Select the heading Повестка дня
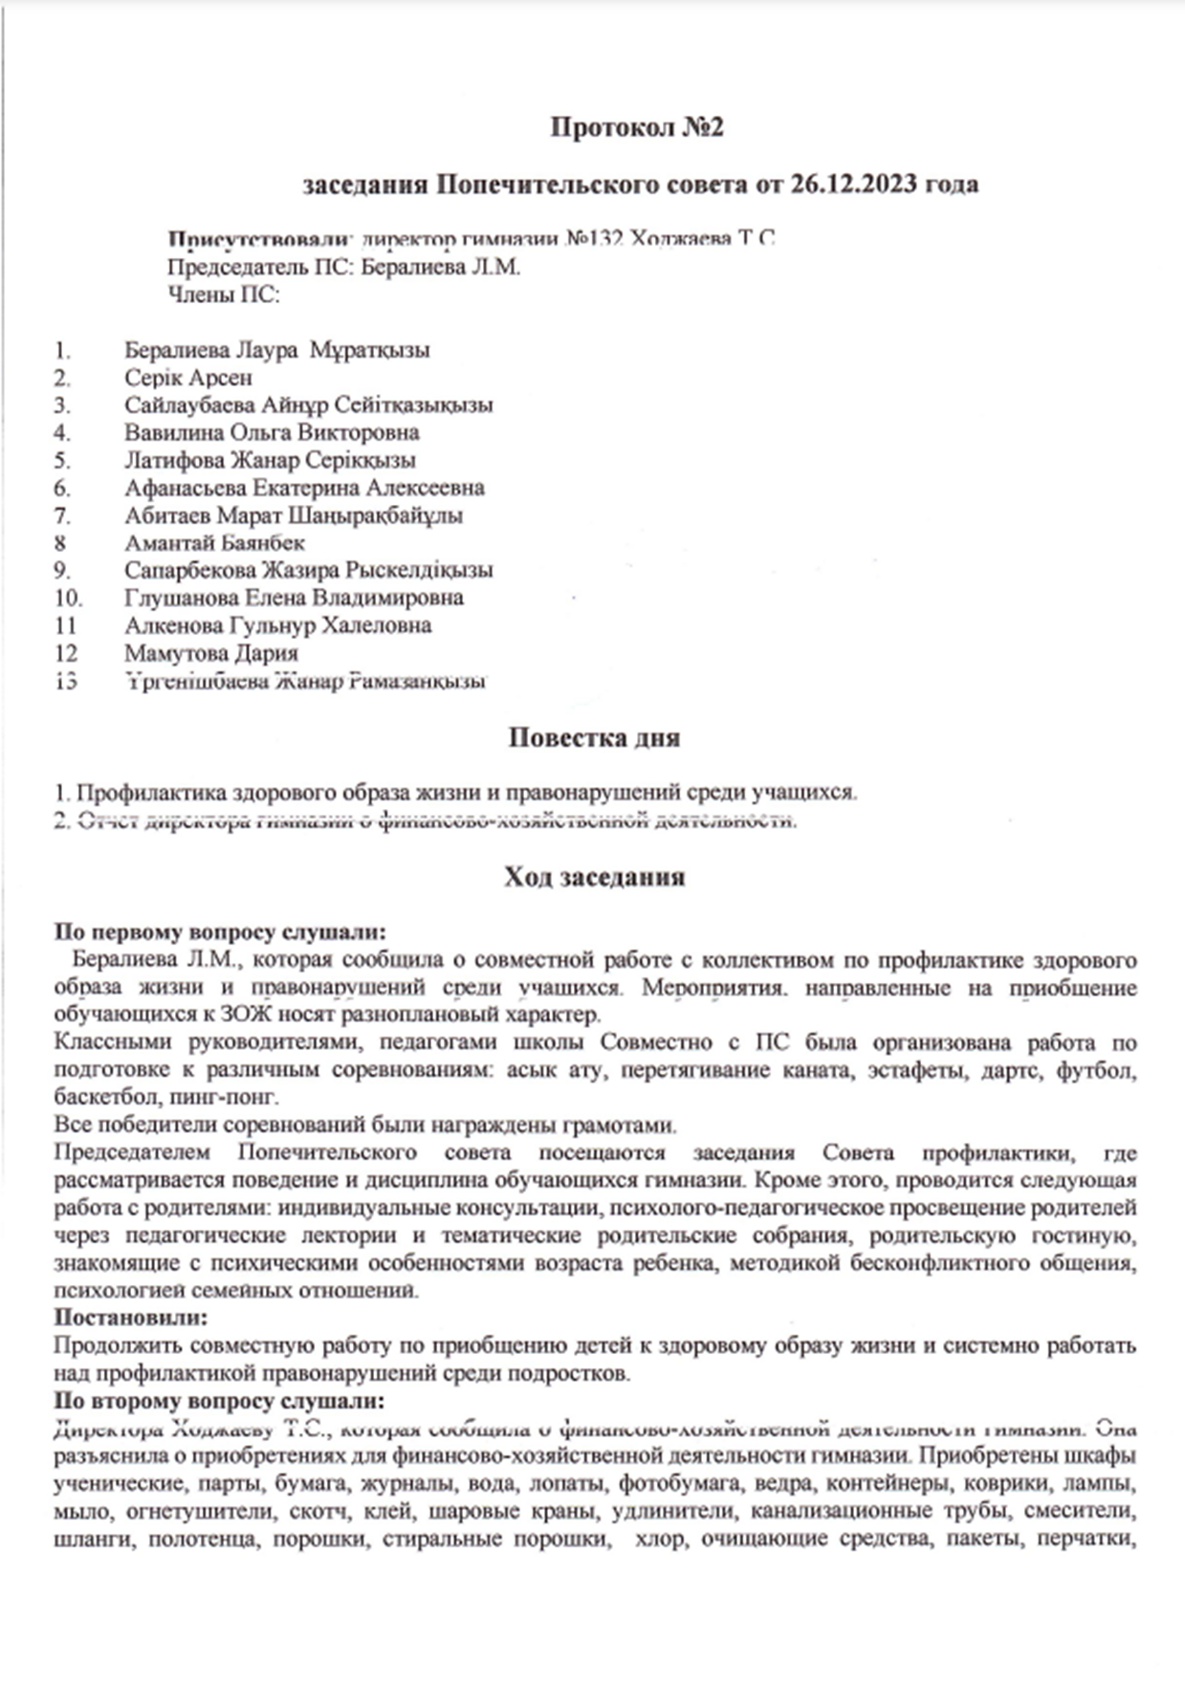pyautogui.click(x=593, y=737)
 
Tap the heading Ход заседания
pyautogui.click(x=594, y=877)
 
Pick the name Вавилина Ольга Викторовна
pyautogui.click(x=272, y=432)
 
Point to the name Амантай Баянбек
pyautogui.click(x=214, y=543)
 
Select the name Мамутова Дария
pyautogui.click(x=210, y=653)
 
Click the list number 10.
pyautogui.click(x=68, y=599)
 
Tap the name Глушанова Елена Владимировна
pyautogui.click(x=294, y=598)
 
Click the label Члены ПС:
pyautogui.click(x=224, y=295)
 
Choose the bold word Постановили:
pyautogui.click(x=130, y=1318)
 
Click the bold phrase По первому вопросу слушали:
pyautogui.click(x=220, y=931)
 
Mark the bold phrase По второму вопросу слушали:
pyautogui.click(x=219, y=1401)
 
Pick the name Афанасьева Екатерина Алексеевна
pyautogui.click(x=303, y=488)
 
